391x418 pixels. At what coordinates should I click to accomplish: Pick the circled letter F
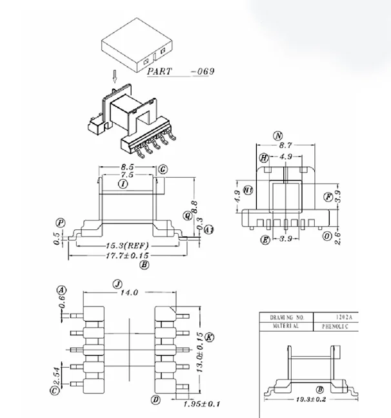point(328,196)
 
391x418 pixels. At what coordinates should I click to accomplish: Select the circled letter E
point(265,240)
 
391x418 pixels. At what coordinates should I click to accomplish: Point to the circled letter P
point(60,223)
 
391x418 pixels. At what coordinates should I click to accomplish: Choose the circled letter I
point(122,184)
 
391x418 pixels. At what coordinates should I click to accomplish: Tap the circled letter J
point(117,283)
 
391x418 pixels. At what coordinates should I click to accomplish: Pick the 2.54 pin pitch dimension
point(58,374)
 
